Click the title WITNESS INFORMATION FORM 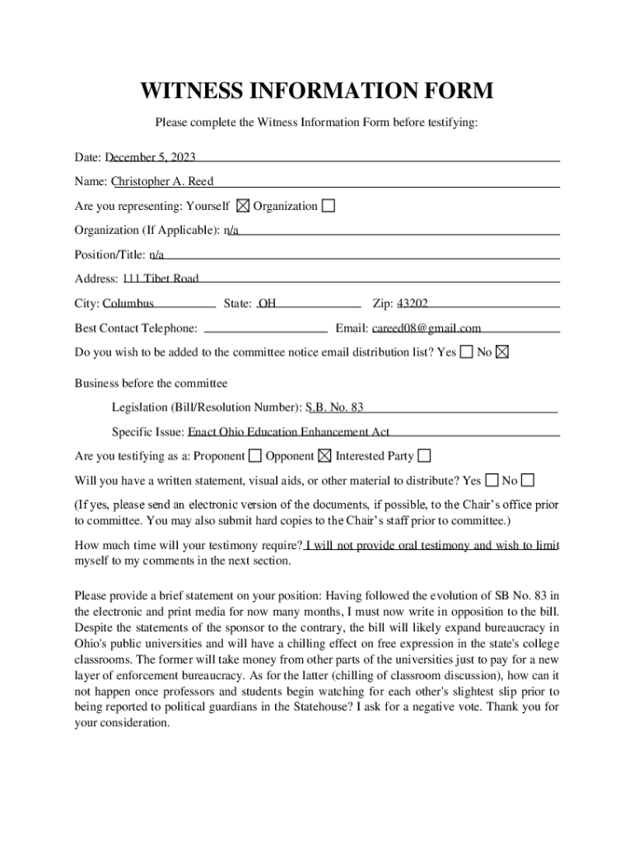pos(317,91)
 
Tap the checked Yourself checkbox pos(243,206)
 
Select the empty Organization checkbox pos(329,206)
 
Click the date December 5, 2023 pos(150,157)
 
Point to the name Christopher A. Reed pos(162,181)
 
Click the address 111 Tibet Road pos(161,278)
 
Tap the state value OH pos(268,303)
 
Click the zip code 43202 pos(413,303)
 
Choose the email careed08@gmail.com pos(427,328)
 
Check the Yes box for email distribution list pos(467,352)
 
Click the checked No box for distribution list pos(502,352)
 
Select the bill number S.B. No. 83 pos(334,407)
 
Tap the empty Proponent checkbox pos(255,455)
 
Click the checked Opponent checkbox pos(324,455)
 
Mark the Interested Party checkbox pos(424,455)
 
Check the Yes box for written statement pos(492,480)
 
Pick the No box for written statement pos(528,480)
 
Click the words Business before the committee pos(151,383)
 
